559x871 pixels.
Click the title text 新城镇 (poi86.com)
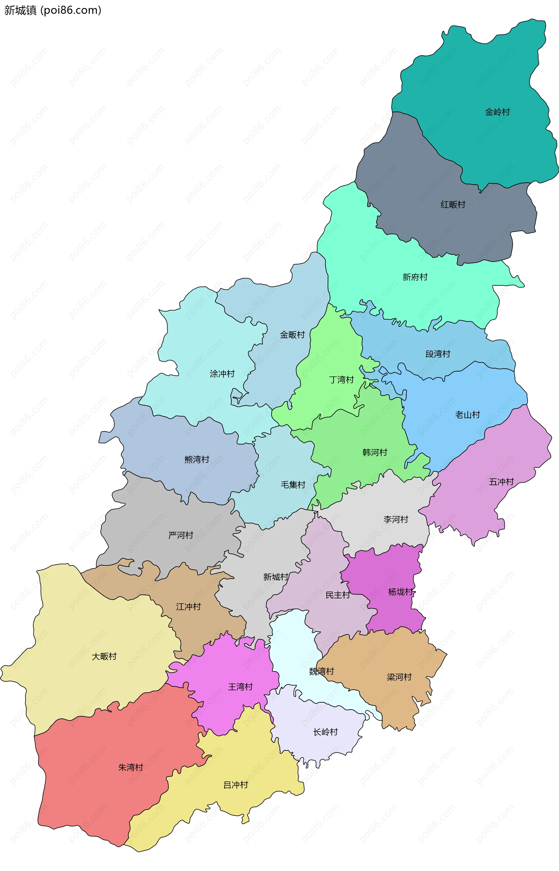53,10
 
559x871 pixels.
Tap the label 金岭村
497,112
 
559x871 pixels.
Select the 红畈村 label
453,205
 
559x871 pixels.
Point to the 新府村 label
415,277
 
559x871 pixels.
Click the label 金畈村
292,335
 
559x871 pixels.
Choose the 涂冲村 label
222,374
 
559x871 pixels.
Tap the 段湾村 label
438,354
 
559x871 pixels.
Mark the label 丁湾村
341,380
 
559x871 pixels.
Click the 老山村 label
468,415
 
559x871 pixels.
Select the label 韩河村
375,452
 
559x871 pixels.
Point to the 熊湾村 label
197,460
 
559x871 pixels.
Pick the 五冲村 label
501,482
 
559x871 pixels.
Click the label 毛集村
293,485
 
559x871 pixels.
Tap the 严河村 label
181,535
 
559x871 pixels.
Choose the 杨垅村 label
400,592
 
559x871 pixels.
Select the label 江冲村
188,606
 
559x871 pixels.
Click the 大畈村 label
104,656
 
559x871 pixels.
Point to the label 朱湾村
131,767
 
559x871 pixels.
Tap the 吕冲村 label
236,785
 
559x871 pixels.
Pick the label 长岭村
325,732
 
